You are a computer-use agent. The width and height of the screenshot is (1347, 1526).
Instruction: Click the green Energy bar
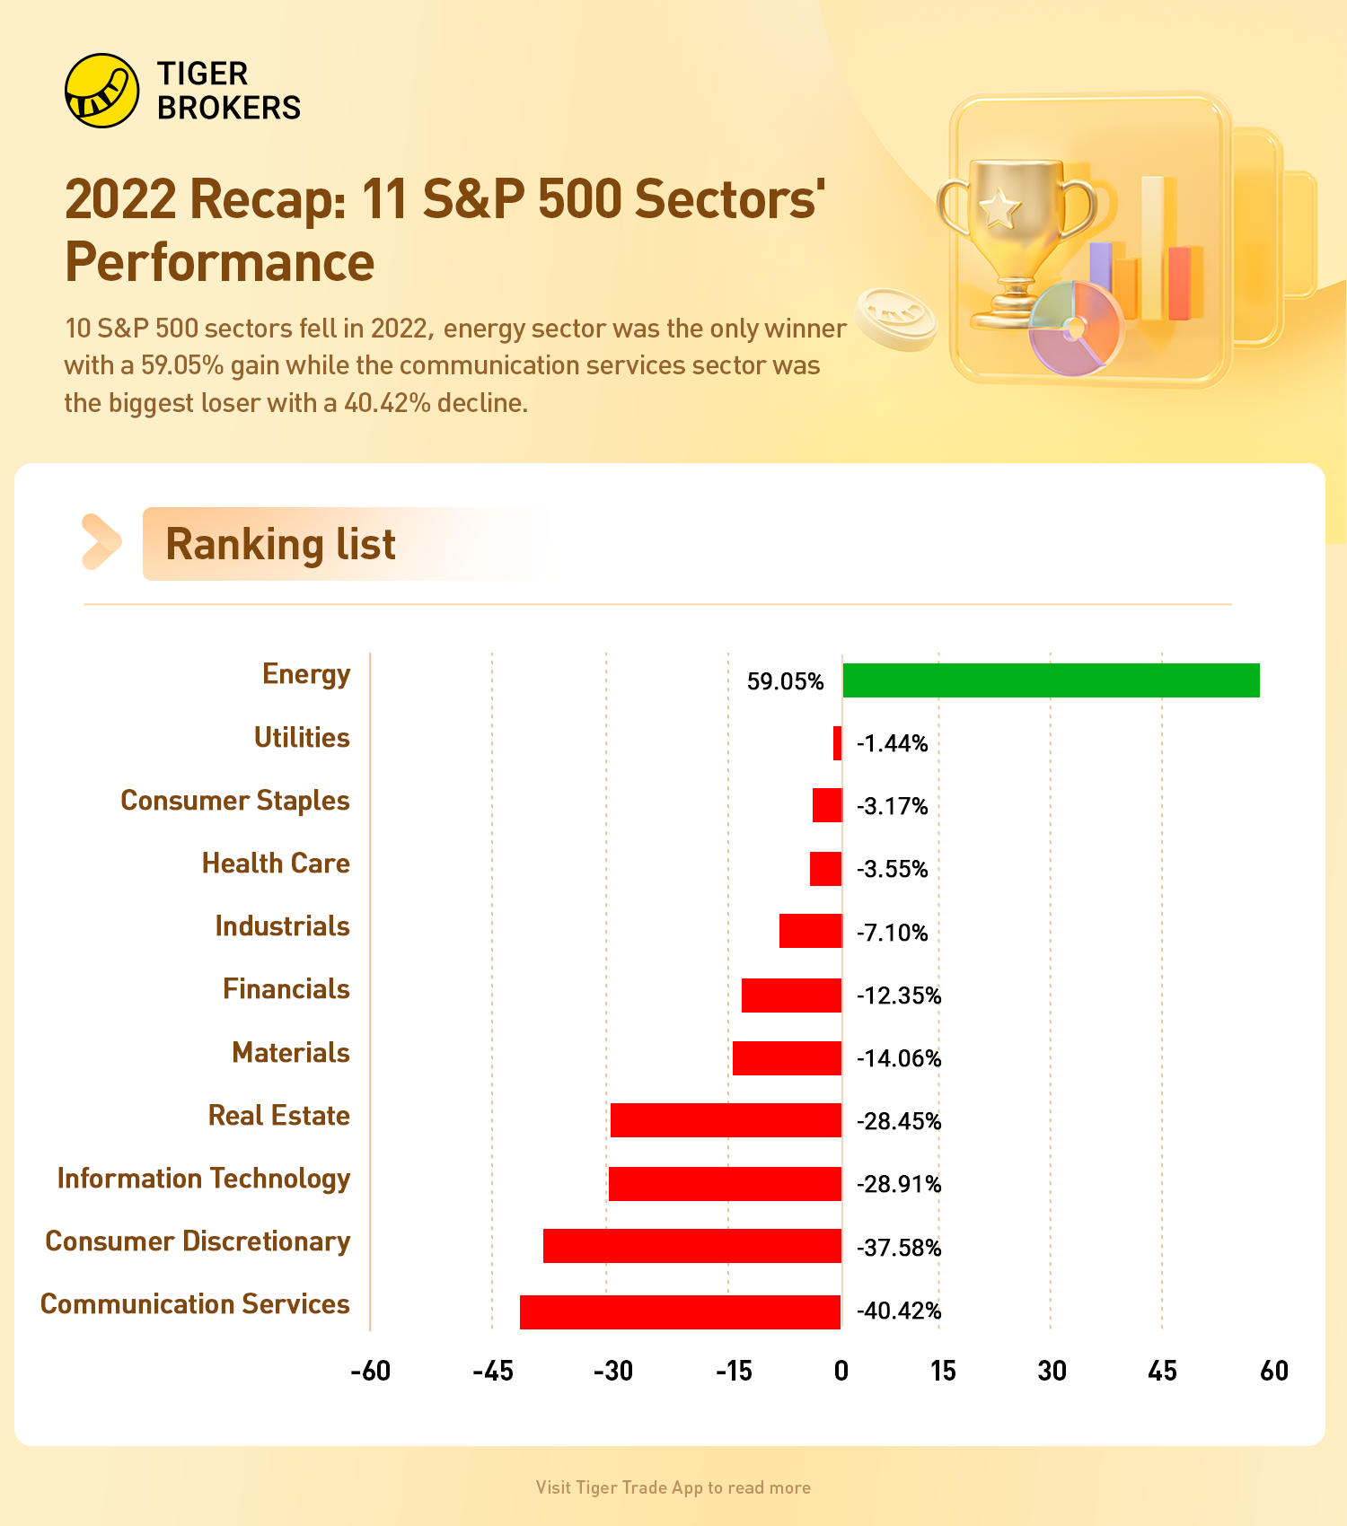[x=1051, y=680]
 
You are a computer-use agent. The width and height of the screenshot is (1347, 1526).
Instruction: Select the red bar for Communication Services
[x=681, y=1311]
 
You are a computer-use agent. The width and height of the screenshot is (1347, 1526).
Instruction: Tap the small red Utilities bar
[x=837, y=743]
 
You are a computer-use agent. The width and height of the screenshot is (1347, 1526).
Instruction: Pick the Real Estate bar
[x=726, y=1120]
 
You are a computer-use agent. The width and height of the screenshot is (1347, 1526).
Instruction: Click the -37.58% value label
[x=899, y=1248]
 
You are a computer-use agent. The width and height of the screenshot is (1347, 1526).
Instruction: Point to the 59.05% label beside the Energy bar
[x=785, y=681]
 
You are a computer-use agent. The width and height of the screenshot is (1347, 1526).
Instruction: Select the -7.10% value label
[x=892, y=933]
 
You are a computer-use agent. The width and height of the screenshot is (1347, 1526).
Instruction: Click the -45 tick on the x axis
[x=493, y=1371]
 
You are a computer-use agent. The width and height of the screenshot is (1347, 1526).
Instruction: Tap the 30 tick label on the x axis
[x=1052, y=1371]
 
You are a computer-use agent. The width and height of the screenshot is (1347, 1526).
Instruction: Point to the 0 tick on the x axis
[x=841, y=1371]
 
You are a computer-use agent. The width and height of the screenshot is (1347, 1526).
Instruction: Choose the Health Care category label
[x=276, y=864]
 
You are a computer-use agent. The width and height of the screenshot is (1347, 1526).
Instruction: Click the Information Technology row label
[x=204, y=1179]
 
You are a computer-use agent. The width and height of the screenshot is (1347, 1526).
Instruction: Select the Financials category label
[x=286, y=989]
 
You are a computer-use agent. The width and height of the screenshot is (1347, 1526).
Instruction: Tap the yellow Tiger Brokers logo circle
[x=102, y=91]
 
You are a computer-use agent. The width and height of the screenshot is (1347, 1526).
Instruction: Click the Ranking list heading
[x=280, y=545]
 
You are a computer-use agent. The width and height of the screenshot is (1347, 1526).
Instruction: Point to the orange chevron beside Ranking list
[x=101, y=542]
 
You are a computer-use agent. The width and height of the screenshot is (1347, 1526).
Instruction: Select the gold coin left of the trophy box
[x=896, y=318]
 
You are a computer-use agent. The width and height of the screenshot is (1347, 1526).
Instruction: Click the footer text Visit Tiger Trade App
[x=673, y=1487]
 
